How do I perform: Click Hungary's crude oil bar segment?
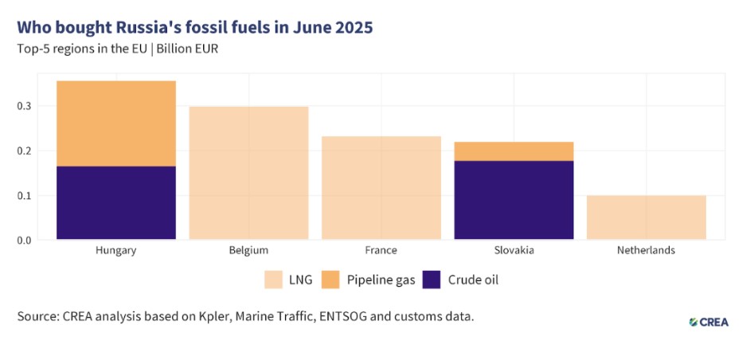(x=116, y=202)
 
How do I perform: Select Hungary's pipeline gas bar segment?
(x=116, y=123)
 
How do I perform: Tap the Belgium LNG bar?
(x=248, y=173)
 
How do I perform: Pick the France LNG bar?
(x=381, y=188)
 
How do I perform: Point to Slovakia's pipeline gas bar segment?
(x=514, y=151)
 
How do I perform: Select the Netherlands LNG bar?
(x=646, y=217)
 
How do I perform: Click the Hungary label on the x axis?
(x=116, y=250)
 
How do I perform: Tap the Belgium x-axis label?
(x=248, y=250)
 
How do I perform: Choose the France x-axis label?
(x=381, y=250)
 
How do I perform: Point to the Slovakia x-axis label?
(x=514, y=250)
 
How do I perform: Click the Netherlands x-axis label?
(x=646, y=250)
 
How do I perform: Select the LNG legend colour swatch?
(x=274, y=280)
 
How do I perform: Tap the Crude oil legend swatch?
(x=432, y=280)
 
